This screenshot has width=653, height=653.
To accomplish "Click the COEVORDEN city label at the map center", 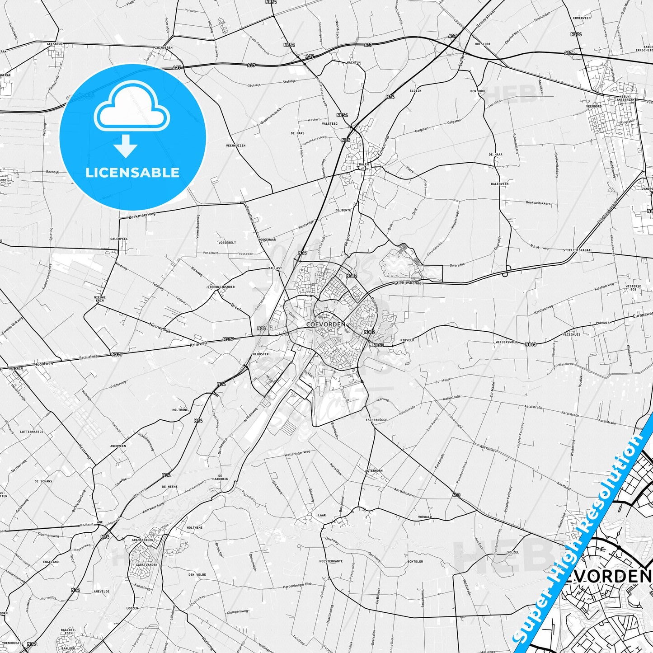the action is pos(325,324).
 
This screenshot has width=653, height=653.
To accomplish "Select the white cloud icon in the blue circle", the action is pos(132,108).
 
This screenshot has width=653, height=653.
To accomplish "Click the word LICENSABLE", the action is pos(132,173).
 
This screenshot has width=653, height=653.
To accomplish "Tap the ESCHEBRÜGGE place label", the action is pos(376,420).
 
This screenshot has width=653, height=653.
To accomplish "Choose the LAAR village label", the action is pos(322,515).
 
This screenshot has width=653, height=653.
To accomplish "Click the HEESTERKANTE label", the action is pos(331,561).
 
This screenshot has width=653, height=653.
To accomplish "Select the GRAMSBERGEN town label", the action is pos(143,540).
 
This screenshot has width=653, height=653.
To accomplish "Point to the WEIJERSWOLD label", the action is pos(507,342).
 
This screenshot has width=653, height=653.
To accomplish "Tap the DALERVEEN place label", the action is pos(500,184).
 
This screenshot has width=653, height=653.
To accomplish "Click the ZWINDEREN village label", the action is pos(164,47).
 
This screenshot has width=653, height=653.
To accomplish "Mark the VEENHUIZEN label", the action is pos(235,146).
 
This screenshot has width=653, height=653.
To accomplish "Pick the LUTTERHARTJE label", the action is pos(32,432).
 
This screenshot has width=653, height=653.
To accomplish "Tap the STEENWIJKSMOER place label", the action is pos(221,287).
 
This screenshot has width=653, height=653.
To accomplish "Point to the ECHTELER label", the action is pos(415,562).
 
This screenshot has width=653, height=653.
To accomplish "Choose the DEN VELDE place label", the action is pos(197,575).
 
